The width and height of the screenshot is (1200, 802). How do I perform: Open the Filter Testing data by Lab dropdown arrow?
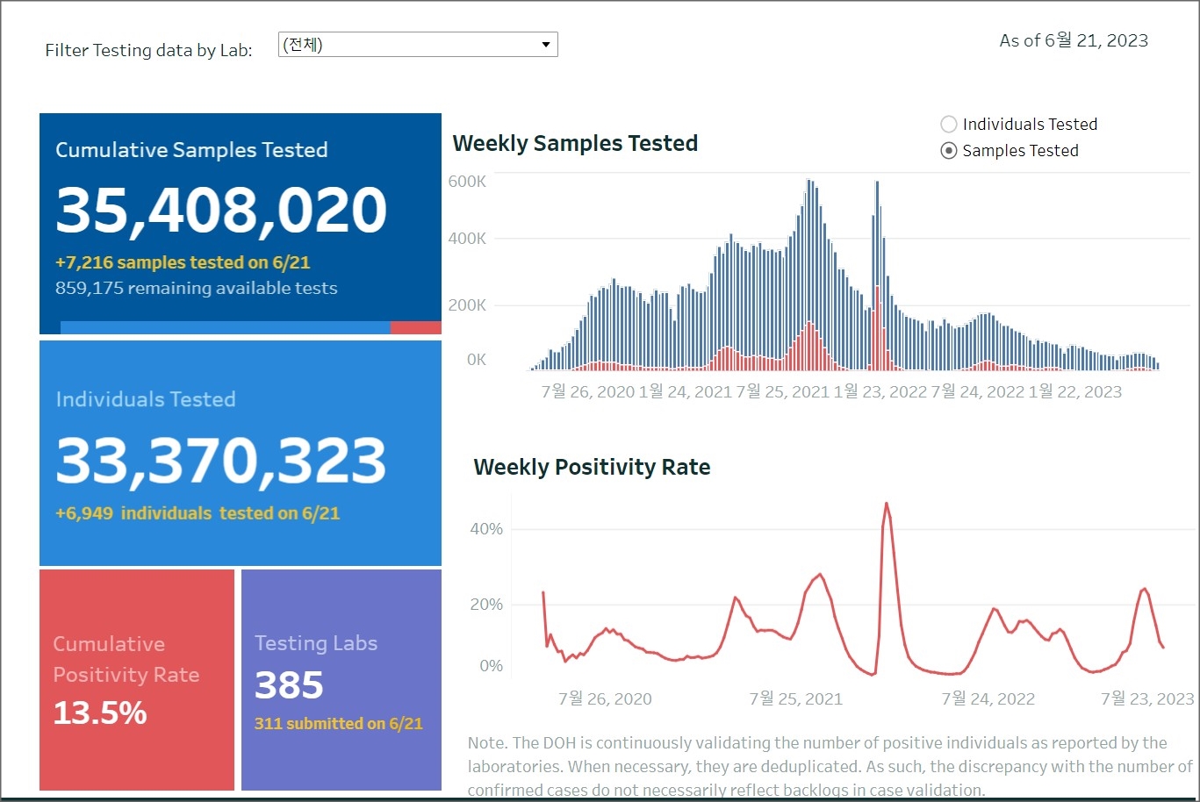pos(545,45)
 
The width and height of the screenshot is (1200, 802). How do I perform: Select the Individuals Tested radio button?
pos(948,125)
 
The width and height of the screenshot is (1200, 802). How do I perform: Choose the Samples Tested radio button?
pos(948,151)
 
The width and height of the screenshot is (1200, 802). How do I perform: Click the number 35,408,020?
pos(221,210)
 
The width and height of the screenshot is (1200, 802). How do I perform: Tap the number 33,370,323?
pos(221,461)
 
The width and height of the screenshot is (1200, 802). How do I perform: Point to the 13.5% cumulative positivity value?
pos(100,712)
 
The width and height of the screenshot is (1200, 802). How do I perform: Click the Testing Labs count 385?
pos(289,685)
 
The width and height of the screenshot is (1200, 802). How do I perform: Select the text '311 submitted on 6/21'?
pos(338,724)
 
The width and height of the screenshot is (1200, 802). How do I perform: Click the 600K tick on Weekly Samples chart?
pos(466,182)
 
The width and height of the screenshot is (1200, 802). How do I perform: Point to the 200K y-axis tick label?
pos(466,305)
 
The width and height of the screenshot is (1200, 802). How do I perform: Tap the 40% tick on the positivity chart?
pos(485,529)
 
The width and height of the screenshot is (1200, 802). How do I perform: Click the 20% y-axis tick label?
pos(485,605)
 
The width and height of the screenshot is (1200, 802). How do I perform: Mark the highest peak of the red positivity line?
pos(887,504)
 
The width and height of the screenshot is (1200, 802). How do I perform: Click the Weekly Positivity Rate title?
pos(592,467)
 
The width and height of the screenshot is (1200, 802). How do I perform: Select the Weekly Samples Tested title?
pos(575,143)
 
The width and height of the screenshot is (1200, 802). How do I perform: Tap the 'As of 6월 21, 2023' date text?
pos(1073,40)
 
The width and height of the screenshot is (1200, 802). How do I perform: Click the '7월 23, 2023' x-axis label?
pos(1146,698)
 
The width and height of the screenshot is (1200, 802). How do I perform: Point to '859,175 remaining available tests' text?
pos(196,288)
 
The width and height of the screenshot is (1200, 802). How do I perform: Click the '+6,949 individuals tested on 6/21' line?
pos(197,513)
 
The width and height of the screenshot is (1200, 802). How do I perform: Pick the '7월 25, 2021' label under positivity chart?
pos(794,698)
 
